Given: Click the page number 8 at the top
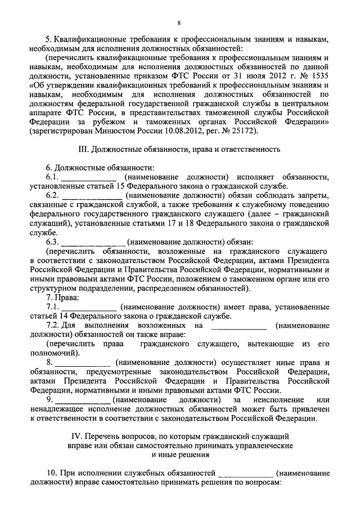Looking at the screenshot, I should [x=179, y=22].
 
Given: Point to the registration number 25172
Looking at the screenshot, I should [x=242, y=131].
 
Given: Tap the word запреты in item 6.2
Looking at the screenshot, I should [x=306, y=195].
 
